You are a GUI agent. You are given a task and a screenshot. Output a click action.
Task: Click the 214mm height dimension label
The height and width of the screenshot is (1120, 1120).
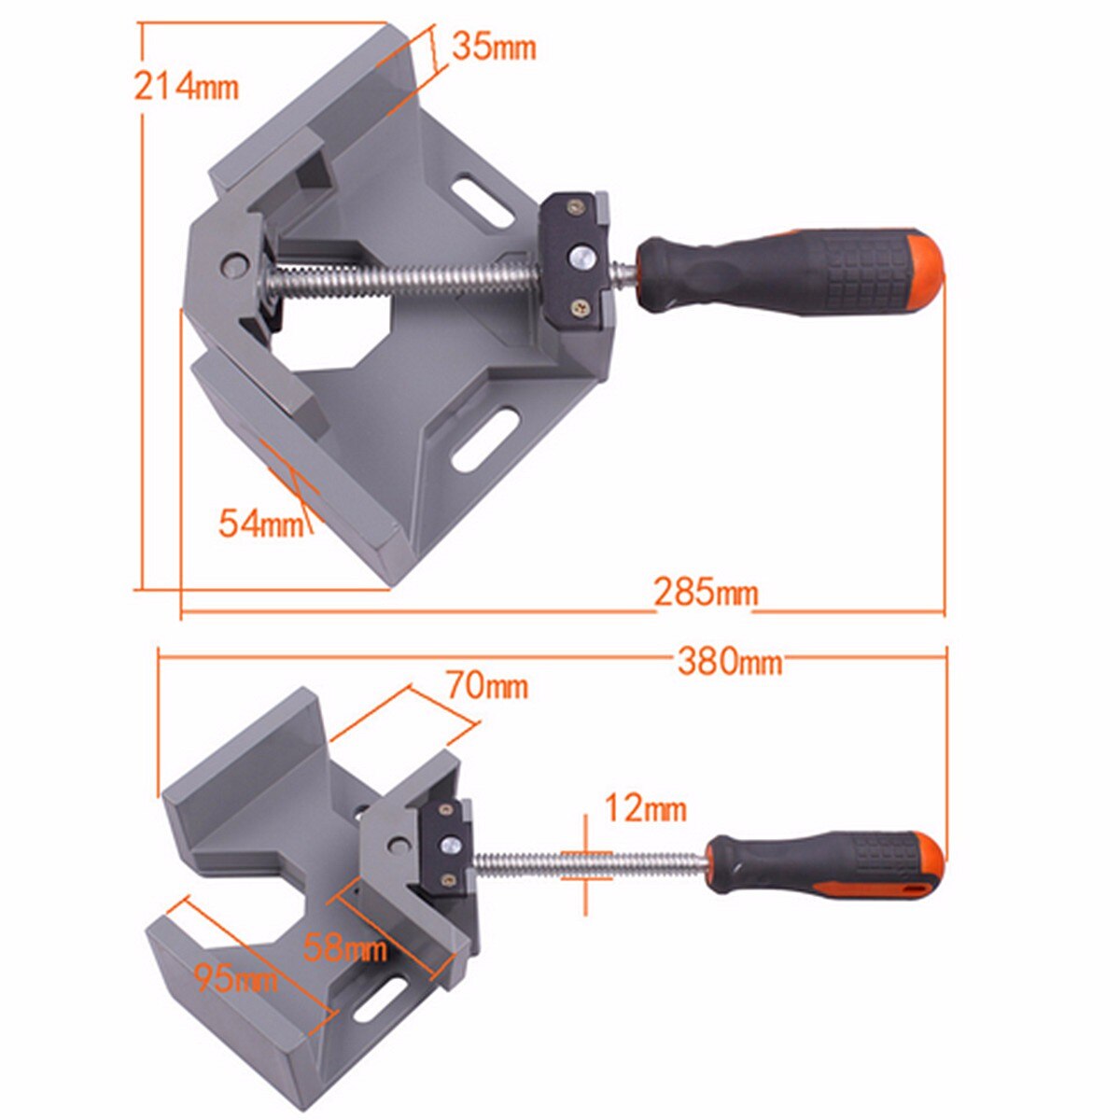point(187,86)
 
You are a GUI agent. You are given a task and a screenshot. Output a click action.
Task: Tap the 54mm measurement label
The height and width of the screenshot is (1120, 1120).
point(261,524)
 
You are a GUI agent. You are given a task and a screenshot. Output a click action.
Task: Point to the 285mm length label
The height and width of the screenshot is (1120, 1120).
point(706,593)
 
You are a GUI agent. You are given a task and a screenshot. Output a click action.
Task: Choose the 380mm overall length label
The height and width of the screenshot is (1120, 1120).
point(729,662)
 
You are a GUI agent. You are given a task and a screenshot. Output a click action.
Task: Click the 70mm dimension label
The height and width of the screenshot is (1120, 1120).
point(486,686)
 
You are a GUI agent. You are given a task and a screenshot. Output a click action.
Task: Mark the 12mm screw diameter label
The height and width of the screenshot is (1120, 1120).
point(645,808)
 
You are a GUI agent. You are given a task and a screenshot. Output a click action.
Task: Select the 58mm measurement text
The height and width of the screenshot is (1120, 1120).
point(345,949)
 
